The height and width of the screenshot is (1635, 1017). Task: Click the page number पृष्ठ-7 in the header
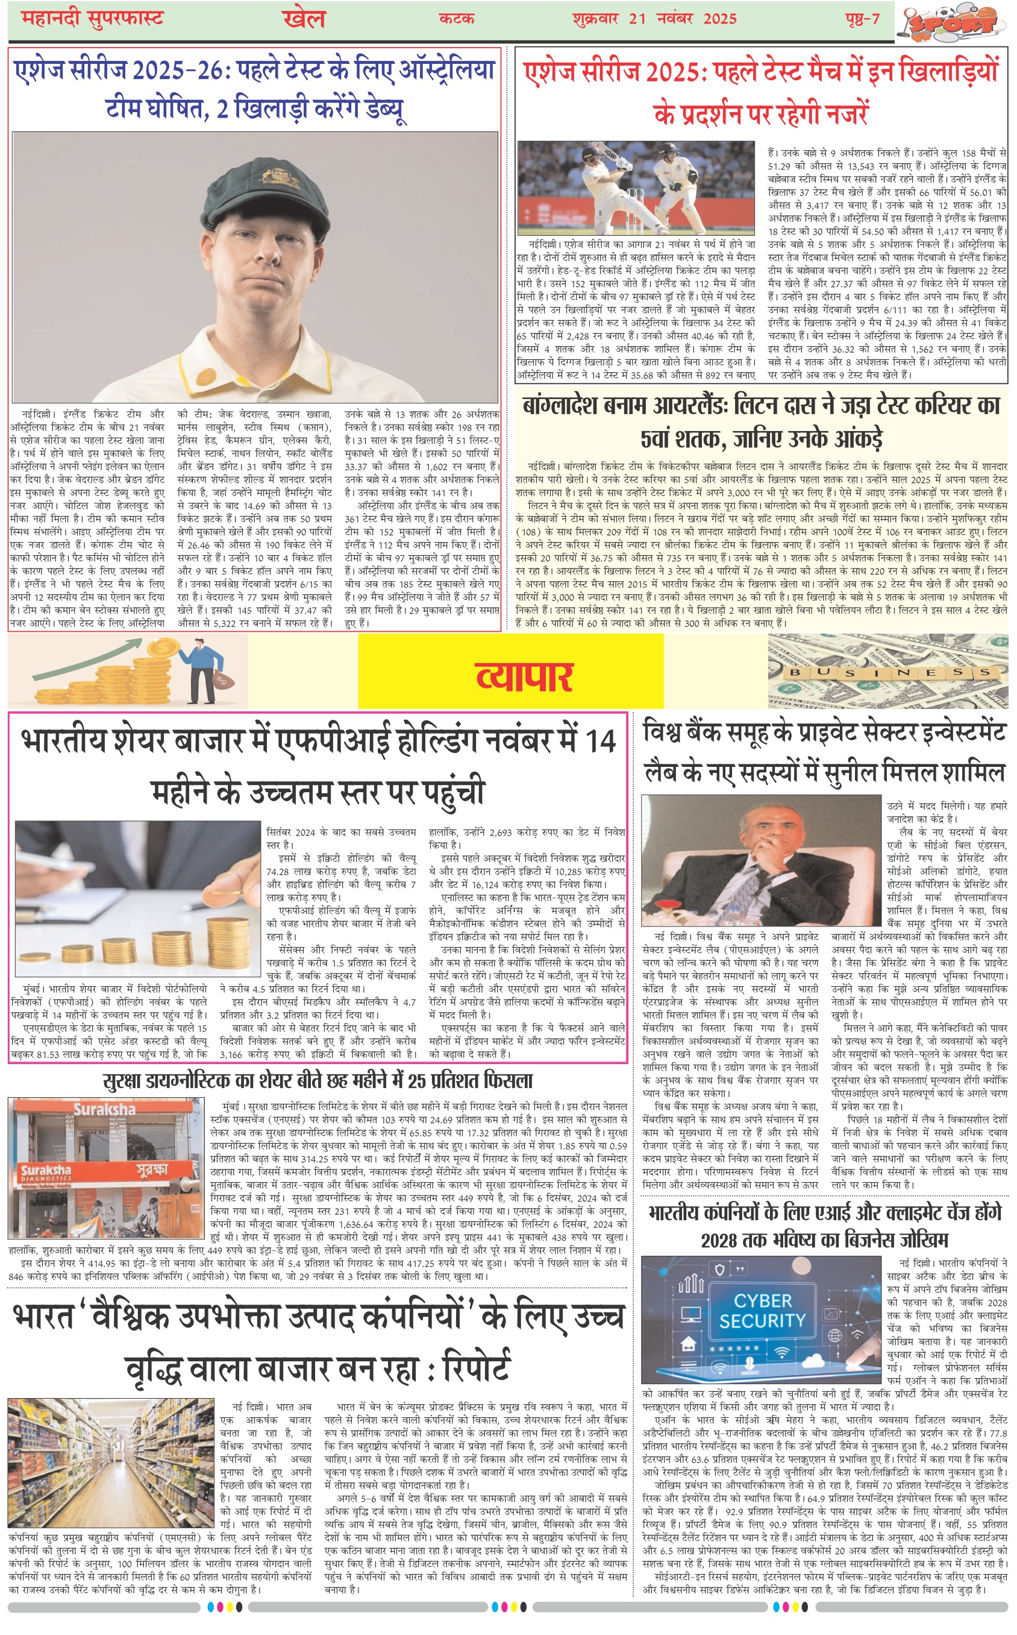tap(862, 18)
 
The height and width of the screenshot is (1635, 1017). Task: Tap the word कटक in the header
tap(457, 19)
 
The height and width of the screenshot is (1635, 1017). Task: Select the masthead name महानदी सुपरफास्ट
tap(92, 18)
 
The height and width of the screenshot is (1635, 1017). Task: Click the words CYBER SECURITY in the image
tap(762, 1310)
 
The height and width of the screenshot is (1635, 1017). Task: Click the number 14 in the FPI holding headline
tap(600, 742)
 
